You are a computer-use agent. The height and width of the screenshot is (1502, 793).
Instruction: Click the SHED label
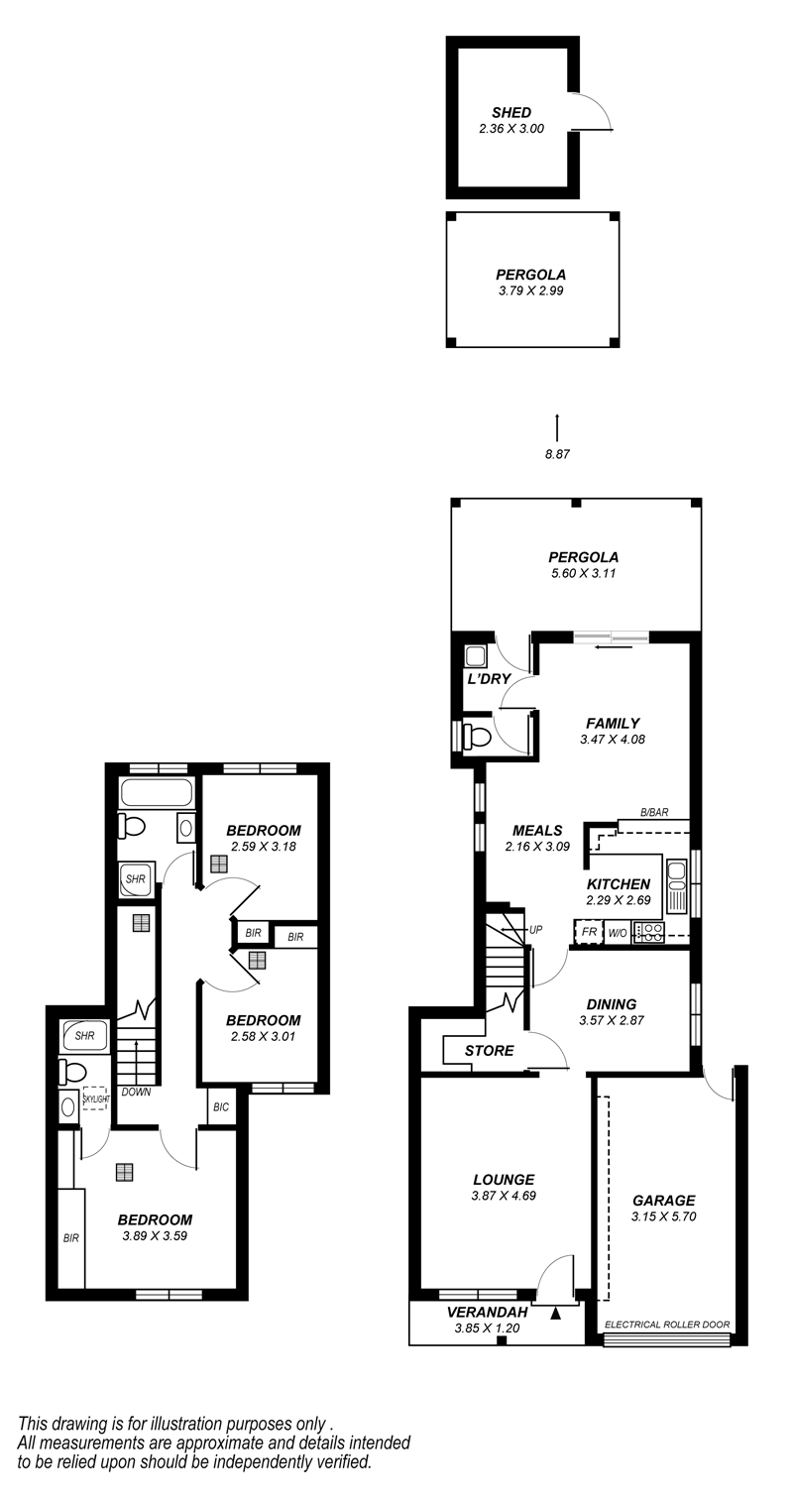(x=511, y=113)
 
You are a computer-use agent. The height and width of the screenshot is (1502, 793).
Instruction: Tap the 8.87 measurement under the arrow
(x=557, y=455)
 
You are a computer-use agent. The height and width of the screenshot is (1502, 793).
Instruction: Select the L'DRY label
(x=490, y=678)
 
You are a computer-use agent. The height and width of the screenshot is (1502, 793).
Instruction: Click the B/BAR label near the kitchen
(x=654, y=813)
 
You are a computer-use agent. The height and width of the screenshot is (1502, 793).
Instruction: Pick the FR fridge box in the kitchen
(x=589, y=932)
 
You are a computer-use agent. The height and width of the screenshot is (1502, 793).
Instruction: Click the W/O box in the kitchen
(x=618, y=933)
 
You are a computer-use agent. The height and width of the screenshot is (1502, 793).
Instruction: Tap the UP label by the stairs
(x=535, y=930)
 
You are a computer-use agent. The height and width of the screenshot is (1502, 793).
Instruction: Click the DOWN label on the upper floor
(x=136, y=1092)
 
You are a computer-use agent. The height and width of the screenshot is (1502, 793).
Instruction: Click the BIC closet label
(x=221, y=1107)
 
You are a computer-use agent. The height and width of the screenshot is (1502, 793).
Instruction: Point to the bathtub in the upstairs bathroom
(x=158, y=792)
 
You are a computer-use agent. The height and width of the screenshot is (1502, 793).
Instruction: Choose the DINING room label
(x=612, y=1003)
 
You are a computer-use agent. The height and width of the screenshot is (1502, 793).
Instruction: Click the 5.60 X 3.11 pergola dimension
(x=583, y=573)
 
